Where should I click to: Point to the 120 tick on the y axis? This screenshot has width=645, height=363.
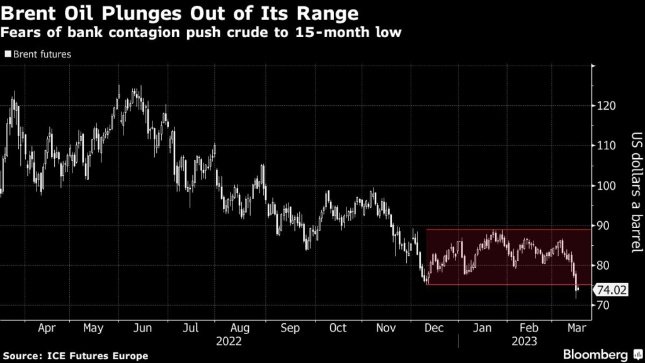click(606, 106)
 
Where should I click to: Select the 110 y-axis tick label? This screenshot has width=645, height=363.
click(606, 146)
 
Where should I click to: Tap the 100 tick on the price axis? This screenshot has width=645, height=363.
click(606, 186)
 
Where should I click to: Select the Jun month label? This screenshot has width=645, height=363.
click(143, 328)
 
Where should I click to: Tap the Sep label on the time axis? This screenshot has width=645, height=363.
click(290, 328)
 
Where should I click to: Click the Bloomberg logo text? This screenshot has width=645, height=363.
click(595, 354)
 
